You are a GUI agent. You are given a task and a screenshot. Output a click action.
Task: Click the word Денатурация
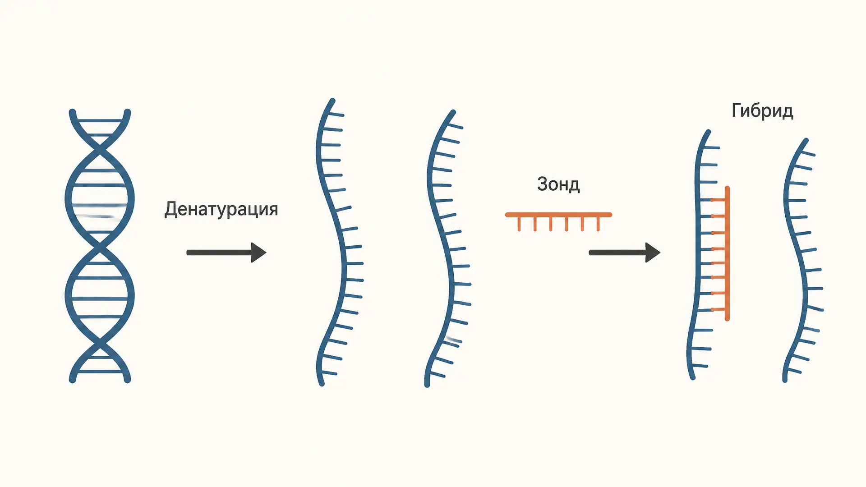click(x=221, y=210)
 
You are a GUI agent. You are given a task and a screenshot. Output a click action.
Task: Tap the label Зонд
click(x=558, y=184)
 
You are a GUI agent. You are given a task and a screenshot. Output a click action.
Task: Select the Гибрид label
click(x=762, y=111)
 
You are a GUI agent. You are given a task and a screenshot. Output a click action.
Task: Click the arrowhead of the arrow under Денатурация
click(x=259, y=253)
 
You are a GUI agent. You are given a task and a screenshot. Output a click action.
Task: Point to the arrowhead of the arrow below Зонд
click(x=653, y=253)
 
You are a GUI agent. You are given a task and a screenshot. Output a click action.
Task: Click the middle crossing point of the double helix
click(x=100, y=248)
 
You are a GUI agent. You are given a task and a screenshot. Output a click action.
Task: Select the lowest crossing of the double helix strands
click(x=100, y=346)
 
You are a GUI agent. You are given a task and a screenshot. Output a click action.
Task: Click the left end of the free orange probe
click(x=507, y=215)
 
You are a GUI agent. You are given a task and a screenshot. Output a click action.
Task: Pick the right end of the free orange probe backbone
click(x=610, y=215)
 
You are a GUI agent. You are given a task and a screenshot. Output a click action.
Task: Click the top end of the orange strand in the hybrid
click(x=727, y=188)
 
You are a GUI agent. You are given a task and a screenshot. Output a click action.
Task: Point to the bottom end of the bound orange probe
click(x=727, y=319)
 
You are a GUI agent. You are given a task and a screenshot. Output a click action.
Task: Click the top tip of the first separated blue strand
click(x=332, y=101)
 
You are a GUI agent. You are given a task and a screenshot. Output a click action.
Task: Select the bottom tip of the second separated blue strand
click(x=427, y=385)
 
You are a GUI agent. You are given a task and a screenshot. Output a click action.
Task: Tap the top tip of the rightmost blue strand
click(x=806, y=141)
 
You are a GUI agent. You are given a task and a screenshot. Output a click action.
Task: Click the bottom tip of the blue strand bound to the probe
click(x=693, y=377)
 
